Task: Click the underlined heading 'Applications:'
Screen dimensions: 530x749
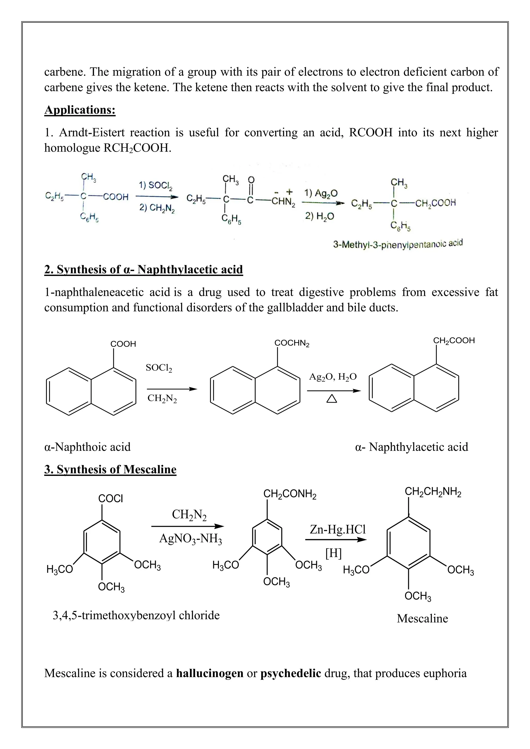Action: pos(80,110)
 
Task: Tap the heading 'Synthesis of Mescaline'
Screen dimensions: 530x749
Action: pos(110,469)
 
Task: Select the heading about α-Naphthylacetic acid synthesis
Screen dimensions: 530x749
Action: pos(144,269)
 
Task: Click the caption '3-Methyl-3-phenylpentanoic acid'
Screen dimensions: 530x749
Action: pos(398,244)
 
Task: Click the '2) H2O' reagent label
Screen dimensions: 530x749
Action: pos(320,216)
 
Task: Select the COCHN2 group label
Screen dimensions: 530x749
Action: pos(292,343)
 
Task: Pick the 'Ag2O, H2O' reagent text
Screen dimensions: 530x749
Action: pos(333,377)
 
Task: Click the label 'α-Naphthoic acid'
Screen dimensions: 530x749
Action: pos(87,447)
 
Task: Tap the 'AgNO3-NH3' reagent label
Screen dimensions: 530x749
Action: pos(190,538)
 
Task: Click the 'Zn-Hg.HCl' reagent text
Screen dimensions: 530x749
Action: pos(338,529)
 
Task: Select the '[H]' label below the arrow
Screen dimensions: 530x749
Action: pos(333,553)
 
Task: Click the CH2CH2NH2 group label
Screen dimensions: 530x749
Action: pos(433,492)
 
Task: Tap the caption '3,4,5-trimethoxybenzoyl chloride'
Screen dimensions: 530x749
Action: pos(136,615)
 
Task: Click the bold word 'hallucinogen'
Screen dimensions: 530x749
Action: pos(210,673)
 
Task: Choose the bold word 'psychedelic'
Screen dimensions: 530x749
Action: pos(290,673)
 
